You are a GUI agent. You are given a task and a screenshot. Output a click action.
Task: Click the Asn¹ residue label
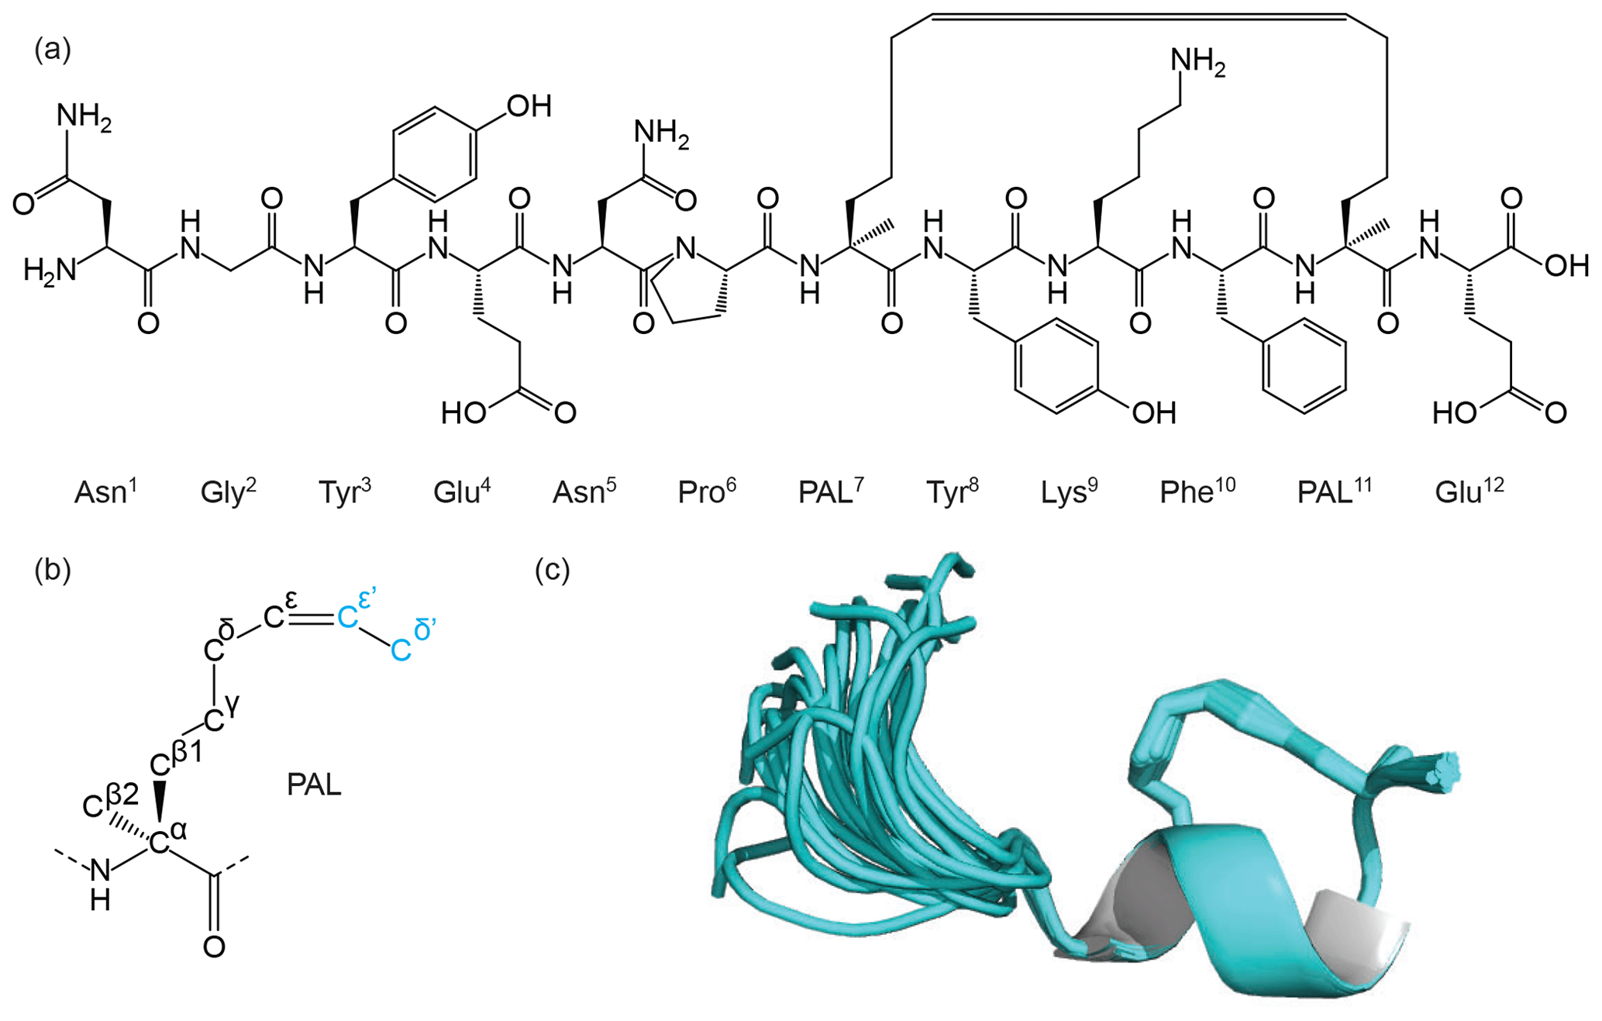(x=105, y=492)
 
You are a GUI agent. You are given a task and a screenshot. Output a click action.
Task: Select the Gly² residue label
(x=228, y=492)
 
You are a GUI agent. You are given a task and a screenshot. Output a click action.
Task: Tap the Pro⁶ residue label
(x=706, y=492)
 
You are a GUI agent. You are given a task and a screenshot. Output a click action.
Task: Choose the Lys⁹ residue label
(x=1069, y=492)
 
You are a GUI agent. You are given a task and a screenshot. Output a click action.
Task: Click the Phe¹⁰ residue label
(x=1197, y=492)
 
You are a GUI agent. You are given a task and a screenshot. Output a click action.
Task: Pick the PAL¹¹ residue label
(x=1334, y=492)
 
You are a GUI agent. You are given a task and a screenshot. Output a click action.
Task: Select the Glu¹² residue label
(x=1469, y=492)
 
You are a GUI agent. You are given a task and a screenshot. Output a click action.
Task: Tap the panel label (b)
(x=53, y=570)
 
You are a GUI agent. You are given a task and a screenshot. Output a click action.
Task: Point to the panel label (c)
(x=553, y=570)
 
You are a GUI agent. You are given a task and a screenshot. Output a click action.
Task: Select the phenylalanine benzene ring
(x=1304, y=364)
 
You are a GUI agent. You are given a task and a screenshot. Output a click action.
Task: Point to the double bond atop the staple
(x=1138, y=16)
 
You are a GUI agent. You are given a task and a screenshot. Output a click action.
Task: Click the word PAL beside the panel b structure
(x=314, y=785)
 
